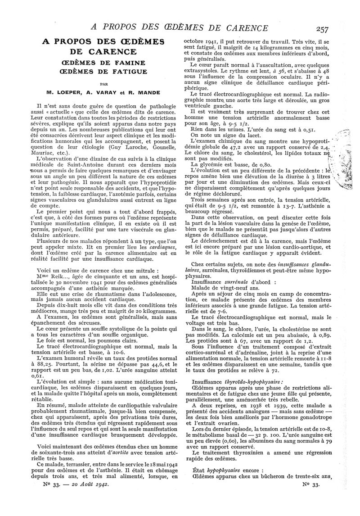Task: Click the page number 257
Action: [322, 29]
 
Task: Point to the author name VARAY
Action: [108, 95]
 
